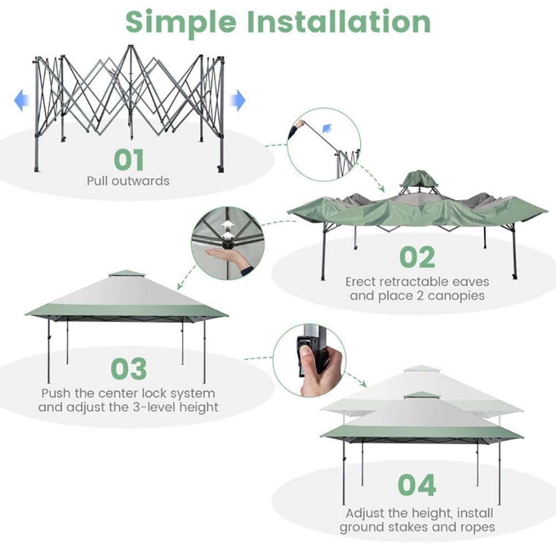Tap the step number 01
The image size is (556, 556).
[129, 160]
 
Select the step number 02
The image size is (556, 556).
[418, 257]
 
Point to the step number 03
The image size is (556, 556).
[129, 369]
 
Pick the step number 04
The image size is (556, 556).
[417, 485]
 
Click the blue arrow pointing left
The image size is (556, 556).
[22, 101]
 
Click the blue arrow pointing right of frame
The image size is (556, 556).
[238, 100]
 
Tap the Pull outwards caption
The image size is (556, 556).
[128, 181]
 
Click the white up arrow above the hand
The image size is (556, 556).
[227, 224]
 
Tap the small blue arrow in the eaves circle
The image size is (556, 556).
[327, 129]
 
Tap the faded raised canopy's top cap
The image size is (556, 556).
[422, 368]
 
